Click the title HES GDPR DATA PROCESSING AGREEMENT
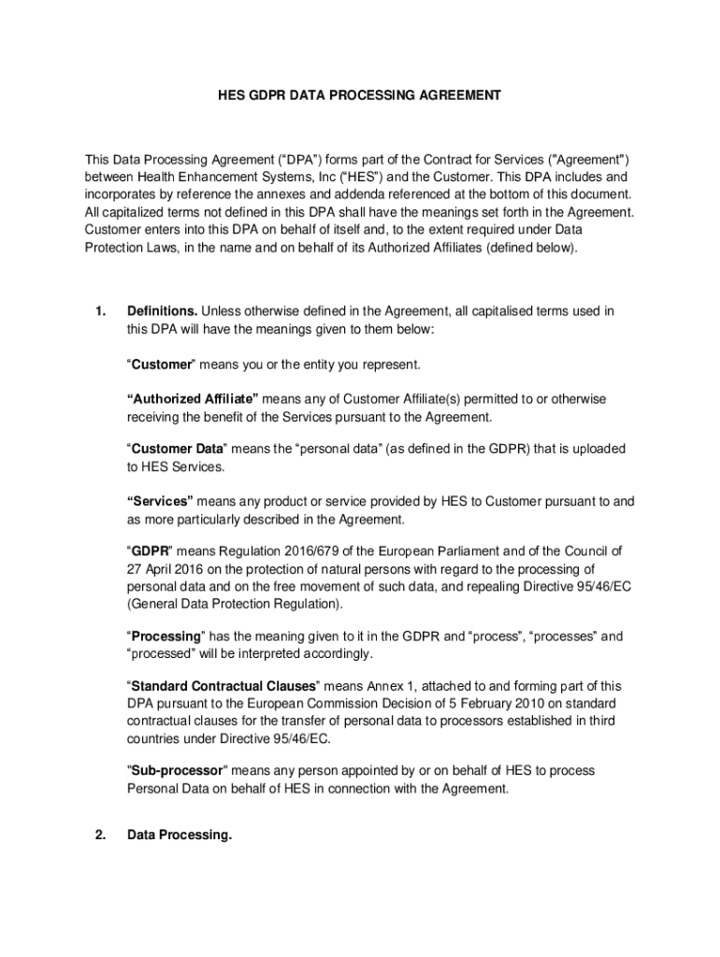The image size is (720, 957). click(x=360, y=95)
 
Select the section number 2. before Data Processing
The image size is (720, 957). click(x=99, y=835)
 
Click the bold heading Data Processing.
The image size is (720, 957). click(x=179, y=835)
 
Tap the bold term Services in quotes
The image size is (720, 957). click(x=160, y=502)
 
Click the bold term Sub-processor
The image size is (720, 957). click(x=178, y=771)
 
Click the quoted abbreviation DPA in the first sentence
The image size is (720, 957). click(x=264, y=160)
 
